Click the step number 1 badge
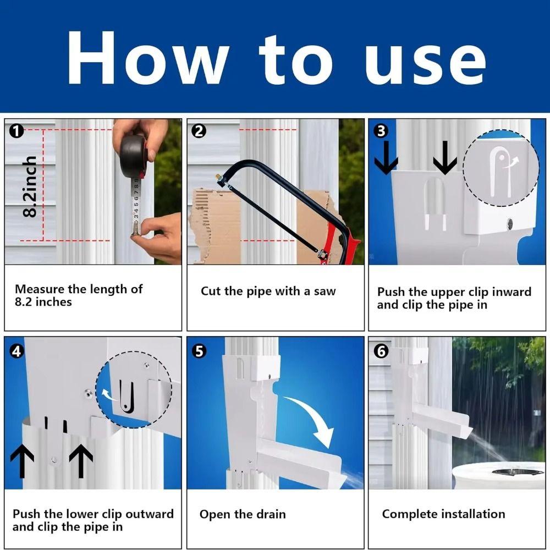17,131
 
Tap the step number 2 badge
199,131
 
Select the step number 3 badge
381,131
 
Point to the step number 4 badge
17,351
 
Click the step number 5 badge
199,351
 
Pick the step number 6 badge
381,351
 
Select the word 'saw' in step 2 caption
324,291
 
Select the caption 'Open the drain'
243,515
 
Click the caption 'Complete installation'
443,514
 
